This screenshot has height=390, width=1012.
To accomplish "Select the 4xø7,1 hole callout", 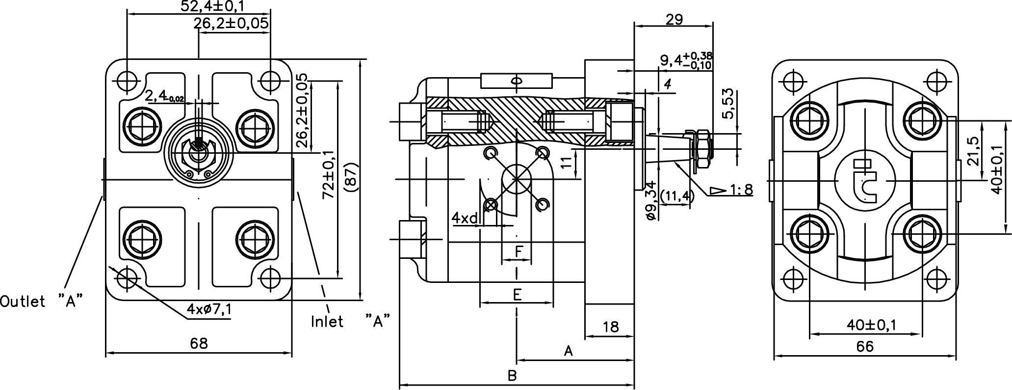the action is (x=209, y=309).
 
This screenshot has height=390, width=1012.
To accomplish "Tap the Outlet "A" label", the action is (x=41, y=301).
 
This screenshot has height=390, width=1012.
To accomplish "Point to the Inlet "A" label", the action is (x=351, y=321).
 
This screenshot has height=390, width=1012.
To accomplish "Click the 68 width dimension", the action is (x=199, y=343).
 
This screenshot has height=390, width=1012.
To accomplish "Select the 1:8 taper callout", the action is (x=731, y=190).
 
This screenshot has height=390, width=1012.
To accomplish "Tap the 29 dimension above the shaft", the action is (x=675, y=19).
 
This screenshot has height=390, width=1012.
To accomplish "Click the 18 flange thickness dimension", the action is (x=611, y=327).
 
